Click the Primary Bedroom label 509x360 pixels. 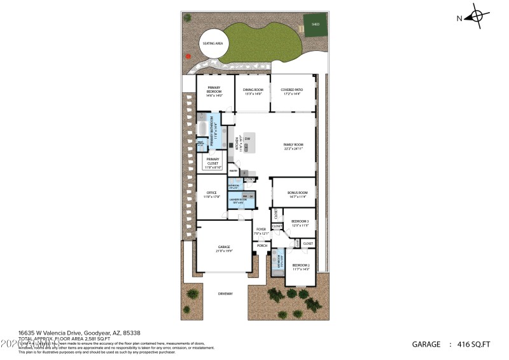(x=214, y=90)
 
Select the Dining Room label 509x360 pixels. (x=253, y=90)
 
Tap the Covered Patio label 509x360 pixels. (x=291, y=90)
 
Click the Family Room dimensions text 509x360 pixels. (x=293, y=149)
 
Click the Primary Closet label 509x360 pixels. (x=213, y=162)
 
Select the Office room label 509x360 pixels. (x=211, y=192)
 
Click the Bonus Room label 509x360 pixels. (x=297, y=192)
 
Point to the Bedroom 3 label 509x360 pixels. (x=291, y=221)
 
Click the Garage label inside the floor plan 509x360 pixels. (x=223, y=246)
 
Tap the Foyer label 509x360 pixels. (x=261, y=229)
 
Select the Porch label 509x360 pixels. (x=261, y=245)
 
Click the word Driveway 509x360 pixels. (x=225, y=293)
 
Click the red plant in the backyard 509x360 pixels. (x=188, y=56)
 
